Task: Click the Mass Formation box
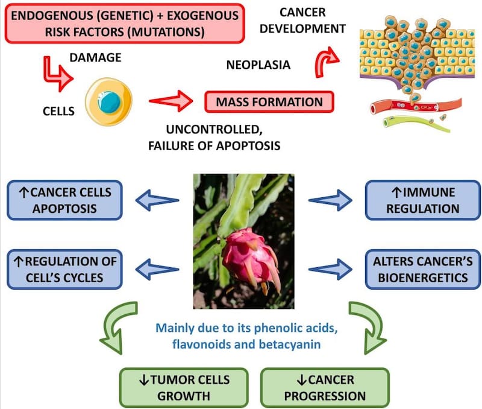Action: (269, 102)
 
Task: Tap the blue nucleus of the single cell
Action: (110, 102)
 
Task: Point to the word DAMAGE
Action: (96, 58)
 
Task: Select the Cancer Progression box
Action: (325, 387)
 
